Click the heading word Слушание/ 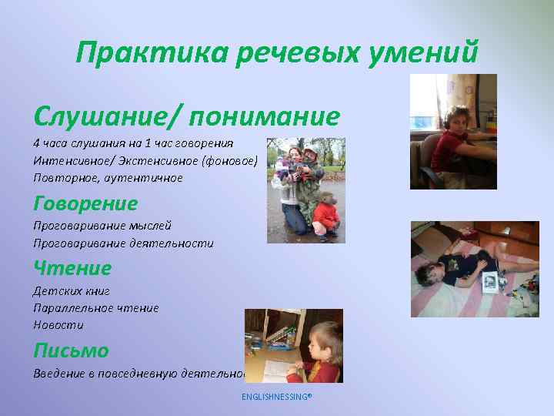(108, 117)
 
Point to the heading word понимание (265, 117)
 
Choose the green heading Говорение (85, 203)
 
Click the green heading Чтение (72, 268)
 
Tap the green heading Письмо (71, 351)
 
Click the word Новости (58, 324)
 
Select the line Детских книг (72, 291)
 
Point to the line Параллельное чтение (95, 308)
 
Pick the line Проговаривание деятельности (122, 243)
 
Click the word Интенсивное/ (70, 160)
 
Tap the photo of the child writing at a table (293, 345)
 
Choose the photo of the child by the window (452, 132)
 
